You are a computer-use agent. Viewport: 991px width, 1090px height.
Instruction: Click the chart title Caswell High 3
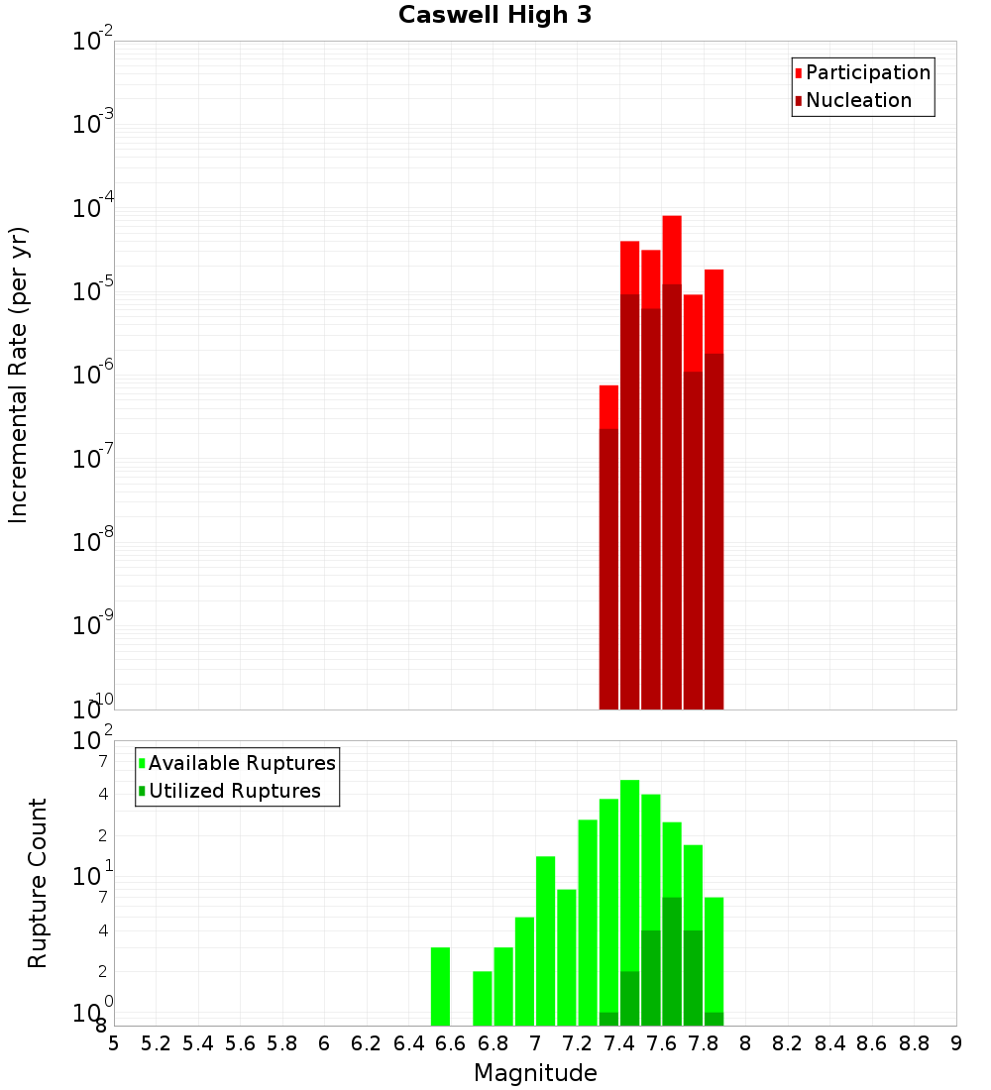(x=495, y=16)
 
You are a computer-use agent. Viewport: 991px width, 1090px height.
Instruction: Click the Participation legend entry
(x=867, y=72)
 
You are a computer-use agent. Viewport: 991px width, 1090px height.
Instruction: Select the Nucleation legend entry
(x=857, y=100)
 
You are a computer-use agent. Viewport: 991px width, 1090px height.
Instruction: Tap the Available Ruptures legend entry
(x=241, y=763)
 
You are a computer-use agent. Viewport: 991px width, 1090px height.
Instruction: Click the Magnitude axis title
(x=535, y=1073)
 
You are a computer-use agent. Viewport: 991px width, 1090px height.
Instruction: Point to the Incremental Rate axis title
(x=19, y=375)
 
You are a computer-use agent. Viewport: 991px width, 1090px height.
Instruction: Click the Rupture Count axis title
(x=38, y=882)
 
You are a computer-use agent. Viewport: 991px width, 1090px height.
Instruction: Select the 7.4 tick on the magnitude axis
(x=619, y=1043)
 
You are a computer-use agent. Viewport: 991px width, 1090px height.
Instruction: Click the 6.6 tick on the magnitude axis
(x=451, y=1043)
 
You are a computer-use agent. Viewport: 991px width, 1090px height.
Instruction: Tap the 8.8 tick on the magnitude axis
(x=914, y=1043)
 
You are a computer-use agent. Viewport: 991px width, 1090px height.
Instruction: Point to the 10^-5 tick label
(x=93, y=292)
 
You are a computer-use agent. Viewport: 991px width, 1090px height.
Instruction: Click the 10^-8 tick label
(x=93, y=543)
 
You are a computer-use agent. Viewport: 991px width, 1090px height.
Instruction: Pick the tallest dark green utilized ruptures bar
(x=672, y=961)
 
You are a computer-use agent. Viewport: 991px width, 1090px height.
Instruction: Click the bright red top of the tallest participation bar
(x=672, y=248)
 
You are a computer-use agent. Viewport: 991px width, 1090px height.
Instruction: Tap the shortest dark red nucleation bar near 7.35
(x=608, y=570)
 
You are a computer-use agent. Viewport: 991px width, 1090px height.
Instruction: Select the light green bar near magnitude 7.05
(x=545, y=941)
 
